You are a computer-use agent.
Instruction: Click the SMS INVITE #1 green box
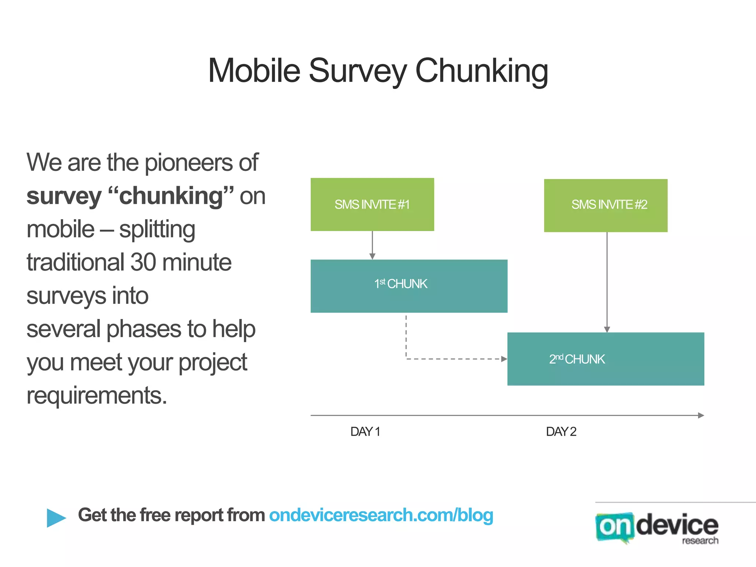(x=372, y=205)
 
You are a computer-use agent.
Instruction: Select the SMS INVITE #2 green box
(x=605, y=205)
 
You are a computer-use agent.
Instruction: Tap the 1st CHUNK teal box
(x=409, y=286)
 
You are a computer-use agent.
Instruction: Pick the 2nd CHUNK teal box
(x=605, y=359)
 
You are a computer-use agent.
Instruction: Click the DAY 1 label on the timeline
(x=365, y=431)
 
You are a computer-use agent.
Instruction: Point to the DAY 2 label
(x=561, y=431)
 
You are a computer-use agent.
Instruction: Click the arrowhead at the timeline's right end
(x=701, y=415)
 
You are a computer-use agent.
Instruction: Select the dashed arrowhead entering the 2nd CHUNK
(x=504, y=359)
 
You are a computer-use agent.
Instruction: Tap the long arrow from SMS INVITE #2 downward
(x=607, y=281)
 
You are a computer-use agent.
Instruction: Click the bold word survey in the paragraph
(x=63, y=196)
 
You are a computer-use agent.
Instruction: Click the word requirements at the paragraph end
(x=97, y=396)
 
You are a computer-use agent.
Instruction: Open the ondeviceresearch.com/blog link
(x=381, y=515)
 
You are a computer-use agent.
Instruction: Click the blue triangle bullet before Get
(x=56, y=518)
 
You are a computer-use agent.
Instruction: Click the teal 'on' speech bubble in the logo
(x=614, y=527)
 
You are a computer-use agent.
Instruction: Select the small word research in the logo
(x=700, y=541)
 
